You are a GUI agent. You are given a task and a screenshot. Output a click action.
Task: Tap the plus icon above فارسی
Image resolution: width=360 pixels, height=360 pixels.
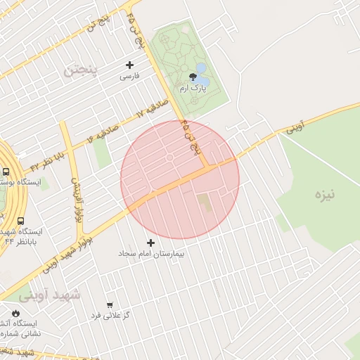coord(130,65)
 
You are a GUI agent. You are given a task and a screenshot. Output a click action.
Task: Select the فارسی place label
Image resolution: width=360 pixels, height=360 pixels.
coord(130,76)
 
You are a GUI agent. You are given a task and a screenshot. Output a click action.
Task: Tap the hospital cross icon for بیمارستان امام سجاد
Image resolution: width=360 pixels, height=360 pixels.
coord(151,243)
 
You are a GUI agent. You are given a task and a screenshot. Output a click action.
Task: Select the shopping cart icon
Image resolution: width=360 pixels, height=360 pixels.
coord(109,304)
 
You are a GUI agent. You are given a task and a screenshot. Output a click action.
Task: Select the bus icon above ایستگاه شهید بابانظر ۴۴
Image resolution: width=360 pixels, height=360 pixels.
coord(20,221)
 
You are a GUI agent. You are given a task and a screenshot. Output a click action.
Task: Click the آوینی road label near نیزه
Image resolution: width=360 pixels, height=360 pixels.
coord(299,127)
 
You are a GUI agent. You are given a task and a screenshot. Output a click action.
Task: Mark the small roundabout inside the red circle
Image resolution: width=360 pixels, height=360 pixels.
coord(169,158)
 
